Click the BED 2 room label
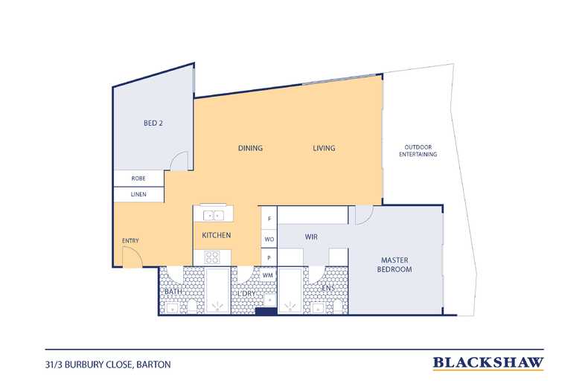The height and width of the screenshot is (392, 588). [x=153, y=123]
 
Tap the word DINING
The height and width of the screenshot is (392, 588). [x=250, y=148]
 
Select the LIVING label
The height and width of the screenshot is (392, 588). [x=324, y=148]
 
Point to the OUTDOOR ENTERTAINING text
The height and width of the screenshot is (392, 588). [x=418, y=151]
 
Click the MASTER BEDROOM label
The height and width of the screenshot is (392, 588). [x=394, y=265]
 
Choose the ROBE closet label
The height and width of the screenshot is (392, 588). [x=138, y=179]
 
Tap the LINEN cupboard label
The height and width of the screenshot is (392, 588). [x=138, y=194]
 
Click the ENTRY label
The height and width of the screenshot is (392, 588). [x=130, y=240]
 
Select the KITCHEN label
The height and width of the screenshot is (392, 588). [x=217, y=235]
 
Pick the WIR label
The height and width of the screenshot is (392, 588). [x=311, y=237]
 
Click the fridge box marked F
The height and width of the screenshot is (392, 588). [x=269, y=218]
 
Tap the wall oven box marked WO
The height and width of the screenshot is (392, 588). [x=269, y=239]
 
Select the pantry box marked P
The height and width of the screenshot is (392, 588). [x=269, y=257]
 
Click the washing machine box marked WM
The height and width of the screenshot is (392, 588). [x=268, y=275]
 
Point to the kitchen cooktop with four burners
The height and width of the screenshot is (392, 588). [x=212, y=257]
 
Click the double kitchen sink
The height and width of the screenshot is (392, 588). [x=213, y=216]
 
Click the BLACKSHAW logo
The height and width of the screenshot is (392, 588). [x=488, y=363]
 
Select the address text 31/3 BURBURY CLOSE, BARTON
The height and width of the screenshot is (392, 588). [x=108, y=364]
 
